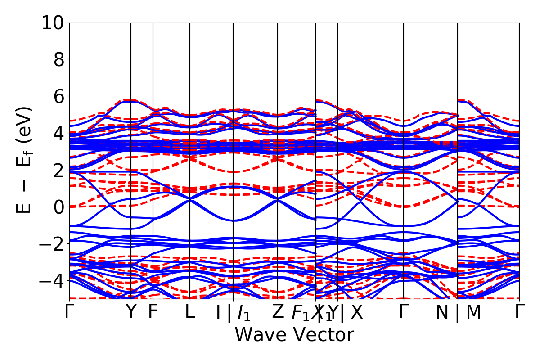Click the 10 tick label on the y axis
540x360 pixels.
pos(53,22)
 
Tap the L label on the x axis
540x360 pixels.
pos(190,312)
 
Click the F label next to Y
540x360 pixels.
pos(153,312)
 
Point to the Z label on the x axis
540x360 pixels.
pos(278,312)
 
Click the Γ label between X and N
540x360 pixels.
pos(404,312)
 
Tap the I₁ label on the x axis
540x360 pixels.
pos(244,313)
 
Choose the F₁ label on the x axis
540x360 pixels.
pos(300,313)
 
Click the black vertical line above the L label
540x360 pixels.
pos(190,135)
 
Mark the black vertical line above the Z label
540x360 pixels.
pos(278,135)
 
